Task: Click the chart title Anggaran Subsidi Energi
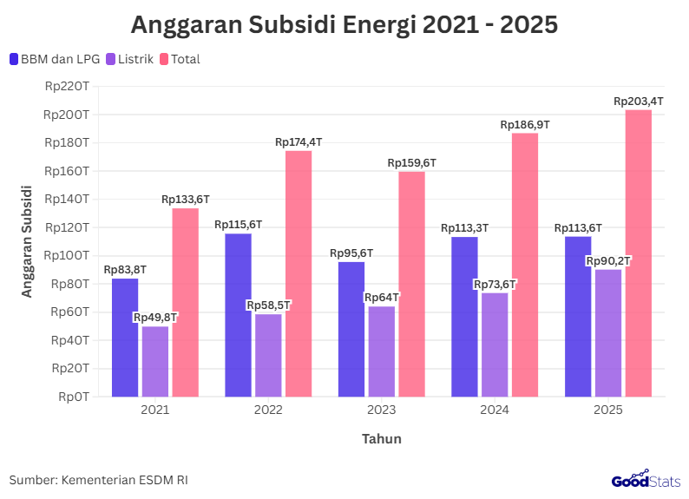point(344,25)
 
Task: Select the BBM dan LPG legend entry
point(55,59)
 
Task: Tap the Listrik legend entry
point(129,59)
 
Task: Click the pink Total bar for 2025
point(638,253)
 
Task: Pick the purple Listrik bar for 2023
point(381,351)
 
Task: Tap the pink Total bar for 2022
point(299,273)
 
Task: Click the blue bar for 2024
point(464,316)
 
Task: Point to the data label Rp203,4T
point(638,102)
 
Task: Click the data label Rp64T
point(381,298)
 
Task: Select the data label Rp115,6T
point(238,225)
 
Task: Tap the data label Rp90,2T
point(608,260)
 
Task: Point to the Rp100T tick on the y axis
point(66,255)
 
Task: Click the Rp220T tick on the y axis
point(66,86)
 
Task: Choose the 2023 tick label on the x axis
point(381,410)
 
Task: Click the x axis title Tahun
point(381,438)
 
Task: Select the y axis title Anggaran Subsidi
point(27,240)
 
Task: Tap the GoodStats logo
point(646,479)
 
